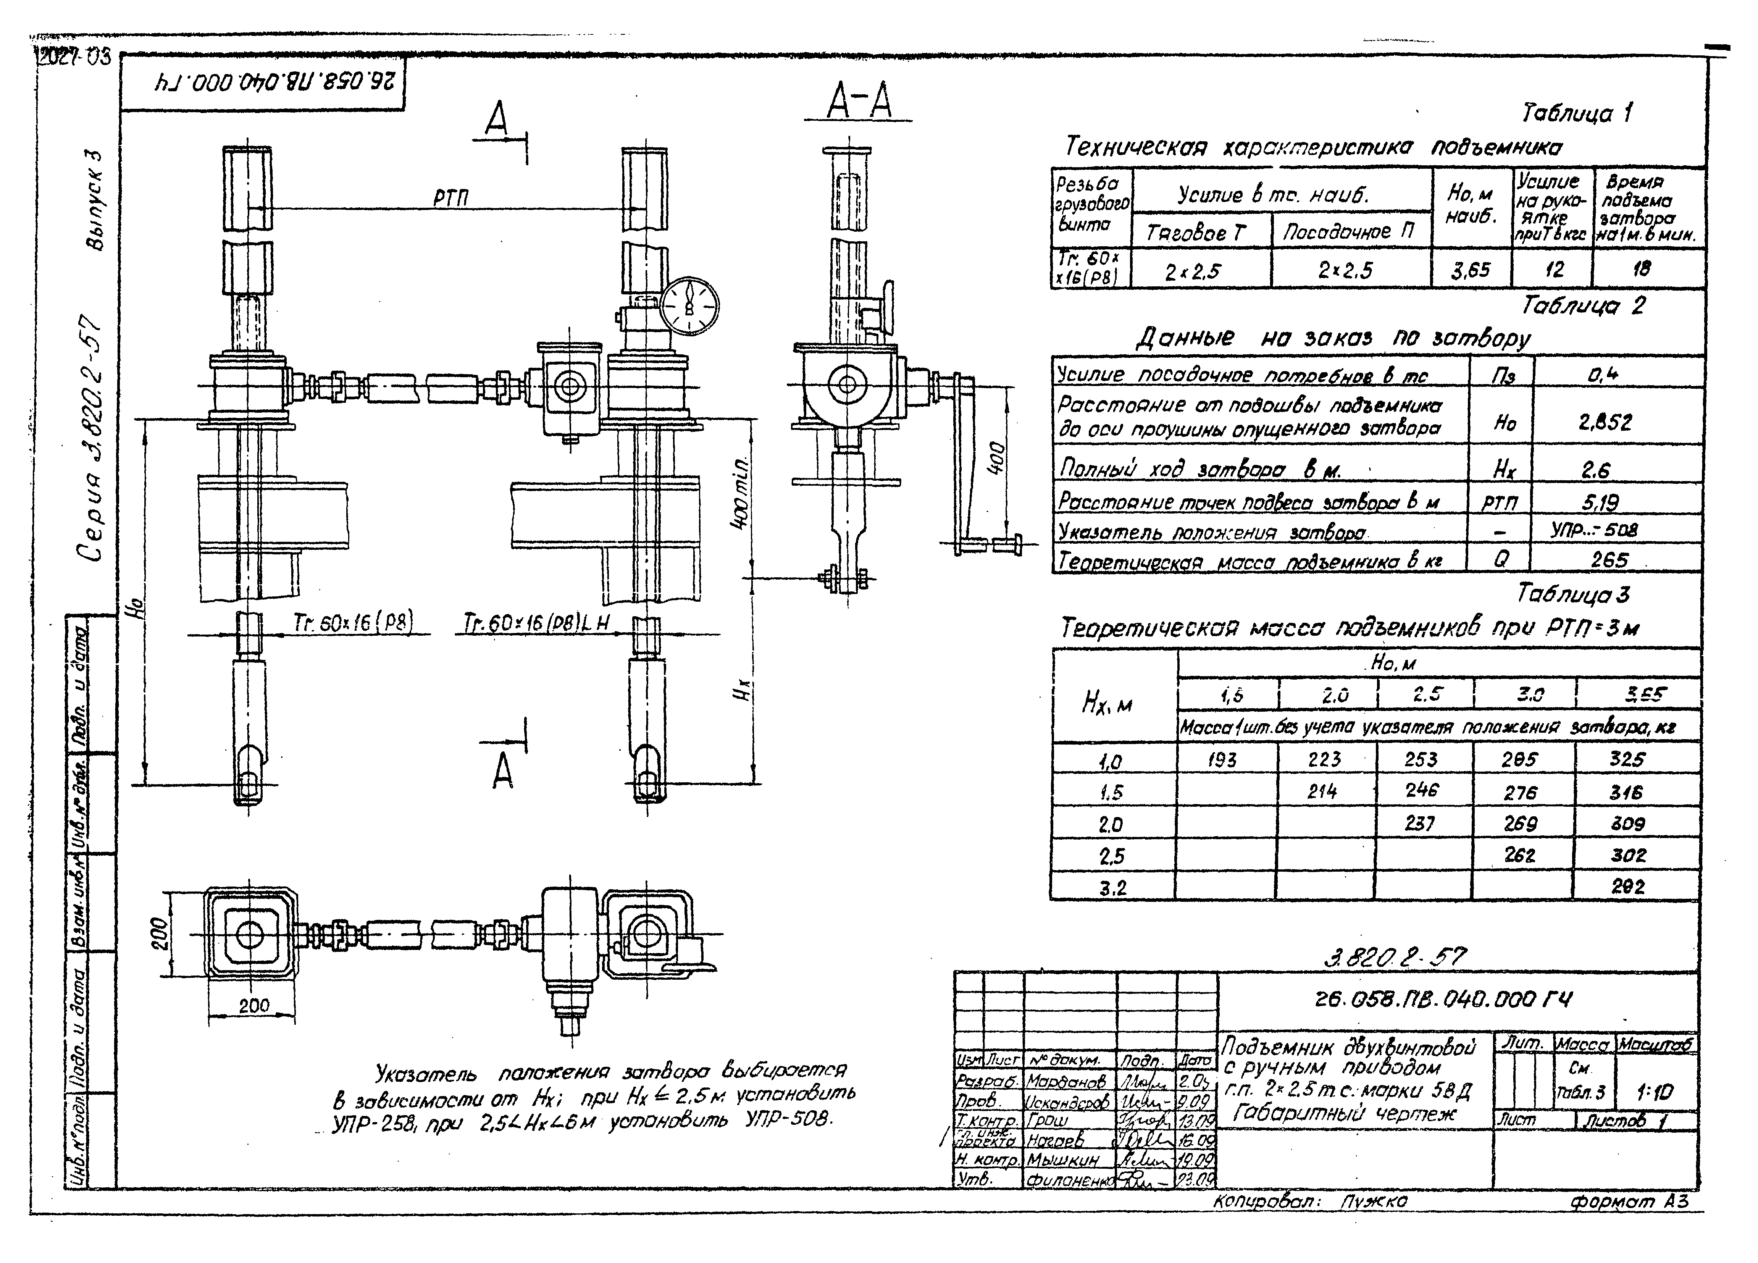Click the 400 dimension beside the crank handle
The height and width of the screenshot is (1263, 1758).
click(x=998, y=458)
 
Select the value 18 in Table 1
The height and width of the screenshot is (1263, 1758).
click(x=1641, y=269)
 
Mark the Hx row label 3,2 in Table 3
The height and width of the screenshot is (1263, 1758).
click(x=1112, y=888)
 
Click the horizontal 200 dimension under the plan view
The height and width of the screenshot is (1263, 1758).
click(x=253, y=1006)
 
